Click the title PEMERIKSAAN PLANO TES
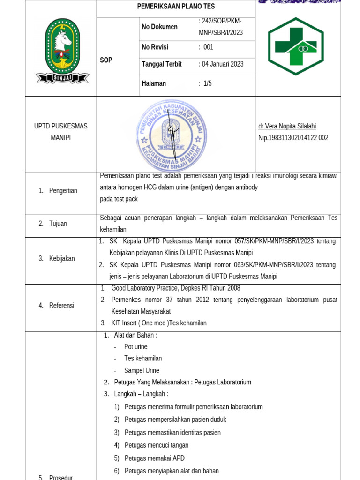(176, 7)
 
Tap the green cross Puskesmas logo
(295, 46)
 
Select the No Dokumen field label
(159, 27)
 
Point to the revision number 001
(208, 47)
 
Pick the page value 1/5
(207, 83)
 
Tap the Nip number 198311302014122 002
(293, 138)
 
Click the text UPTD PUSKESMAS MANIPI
(60, 132)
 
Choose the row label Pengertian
(63, 190)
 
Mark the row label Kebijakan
(62, 258)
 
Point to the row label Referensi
(62, 305)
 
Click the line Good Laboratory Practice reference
(175, 288)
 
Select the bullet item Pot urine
(135, 347)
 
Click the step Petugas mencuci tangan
(157, 445)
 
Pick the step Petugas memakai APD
(154, 458)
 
